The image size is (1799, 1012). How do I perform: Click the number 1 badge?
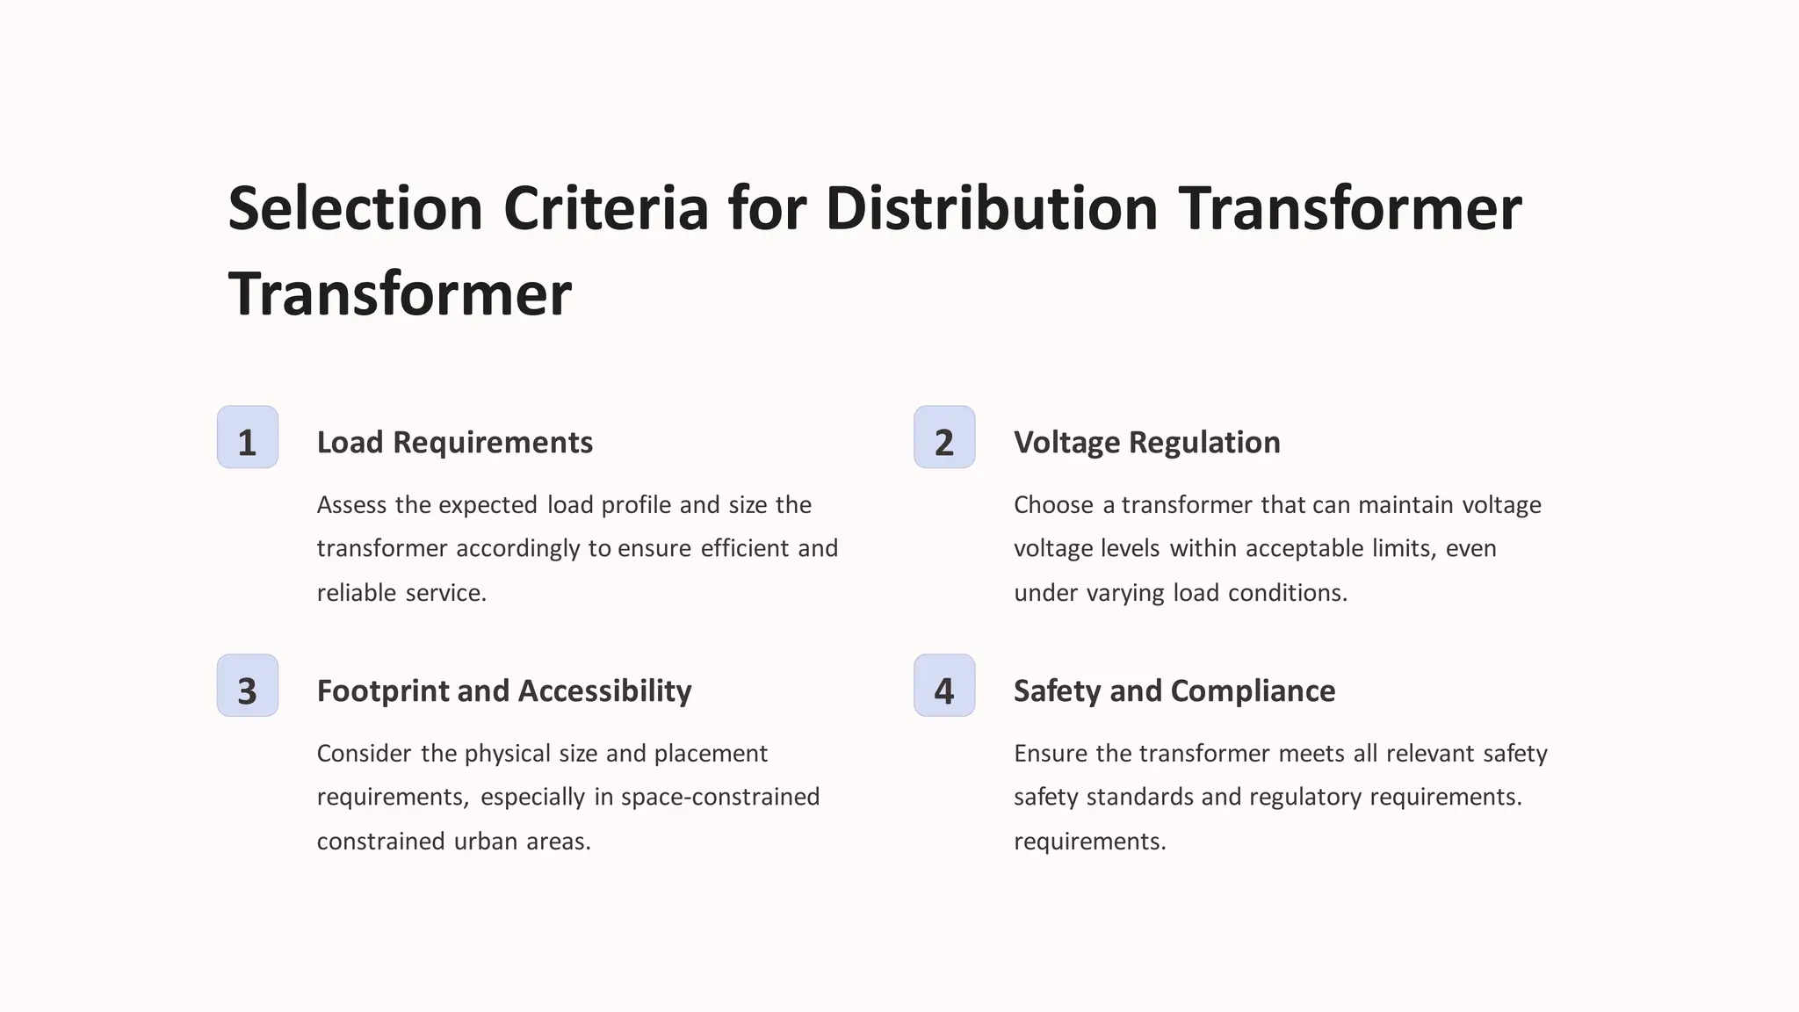pos(248,437)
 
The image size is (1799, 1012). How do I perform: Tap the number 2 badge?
pos(944,437)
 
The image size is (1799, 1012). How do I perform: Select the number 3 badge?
pos(248,686)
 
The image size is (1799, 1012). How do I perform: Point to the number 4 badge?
pos(944,686)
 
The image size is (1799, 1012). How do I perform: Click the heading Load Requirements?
pos(454,443)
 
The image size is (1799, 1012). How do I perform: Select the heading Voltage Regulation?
pos(1146,443)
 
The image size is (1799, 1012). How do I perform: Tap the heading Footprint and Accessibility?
pos(503,691)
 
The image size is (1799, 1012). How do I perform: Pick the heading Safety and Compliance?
pos(1174,691)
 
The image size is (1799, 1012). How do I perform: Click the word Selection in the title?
pos(355,209)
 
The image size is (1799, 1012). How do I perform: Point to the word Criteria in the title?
pos(605,209)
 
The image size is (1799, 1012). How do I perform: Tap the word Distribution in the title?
pos(992,209)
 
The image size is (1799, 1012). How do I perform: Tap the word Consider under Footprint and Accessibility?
pos(364,754)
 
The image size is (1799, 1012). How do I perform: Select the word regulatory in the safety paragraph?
pos(1305,798)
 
